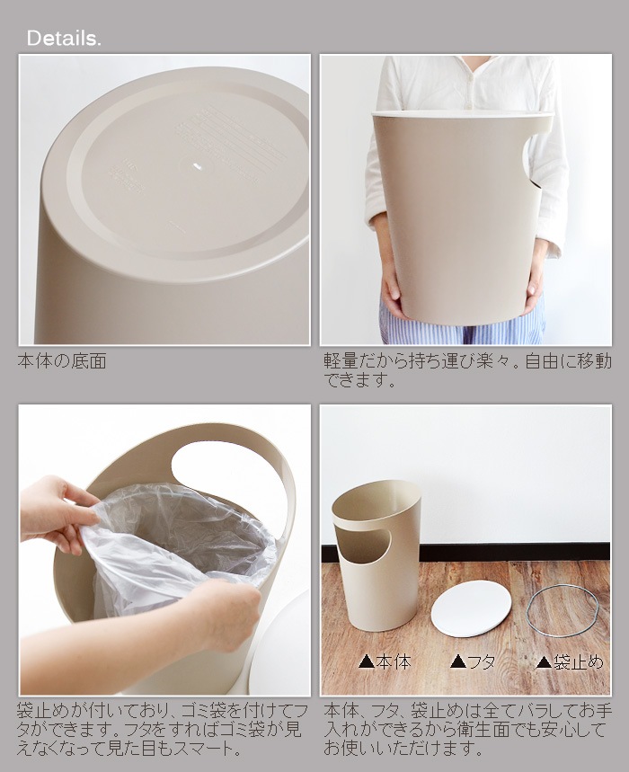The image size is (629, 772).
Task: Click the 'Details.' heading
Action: tap(64, 39)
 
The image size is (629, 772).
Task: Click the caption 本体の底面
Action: tap(62, 361)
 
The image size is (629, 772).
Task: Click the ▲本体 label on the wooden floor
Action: tap(385, 661)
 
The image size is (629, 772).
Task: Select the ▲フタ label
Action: tap(473, 661)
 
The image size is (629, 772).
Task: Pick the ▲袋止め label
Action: tap(570, 661)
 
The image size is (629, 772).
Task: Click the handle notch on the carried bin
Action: tap(534, 162)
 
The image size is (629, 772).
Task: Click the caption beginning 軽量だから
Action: tap(467, 370)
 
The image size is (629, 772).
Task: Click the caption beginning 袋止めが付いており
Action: tap(163, 730)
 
